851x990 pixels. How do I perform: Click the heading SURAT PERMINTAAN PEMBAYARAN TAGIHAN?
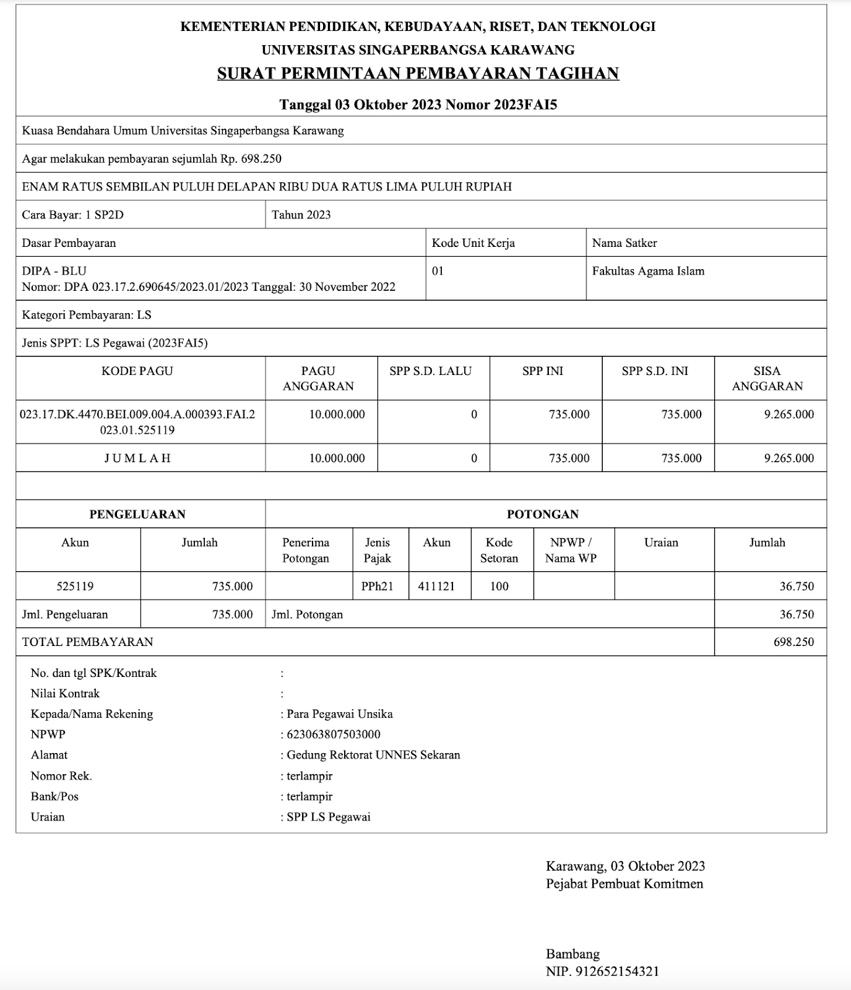pos(418,74)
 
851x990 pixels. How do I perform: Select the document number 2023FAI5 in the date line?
pos(525,105)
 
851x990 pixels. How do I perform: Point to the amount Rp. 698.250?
pos(251,159)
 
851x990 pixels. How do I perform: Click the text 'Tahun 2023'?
pos(301,215)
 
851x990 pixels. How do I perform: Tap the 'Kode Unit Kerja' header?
pos(473,243)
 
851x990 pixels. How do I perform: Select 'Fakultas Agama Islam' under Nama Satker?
pos(648,271)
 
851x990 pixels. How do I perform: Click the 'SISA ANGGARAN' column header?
pos(767,378)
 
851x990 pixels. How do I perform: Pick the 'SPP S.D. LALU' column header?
pos(430,371)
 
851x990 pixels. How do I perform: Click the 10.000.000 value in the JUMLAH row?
pos(337,458)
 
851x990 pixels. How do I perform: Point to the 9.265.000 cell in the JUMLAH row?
pos(788,458)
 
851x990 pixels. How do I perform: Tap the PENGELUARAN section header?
pos(137,514)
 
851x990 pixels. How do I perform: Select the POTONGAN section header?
pos(543,514)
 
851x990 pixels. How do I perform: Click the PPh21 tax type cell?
pos(378,586)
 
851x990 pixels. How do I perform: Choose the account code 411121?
pos(436,586)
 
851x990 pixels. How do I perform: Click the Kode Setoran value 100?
pos(499,586)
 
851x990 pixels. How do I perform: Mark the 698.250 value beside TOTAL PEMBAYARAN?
pos(793,642)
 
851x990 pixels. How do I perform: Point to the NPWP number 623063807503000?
pos(334,734)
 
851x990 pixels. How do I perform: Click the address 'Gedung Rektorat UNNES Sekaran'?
pos(373,755)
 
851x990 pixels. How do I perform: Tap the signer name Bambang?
pos(572,953)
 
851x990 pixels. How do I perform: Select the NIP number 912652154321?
pos(617,971)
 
